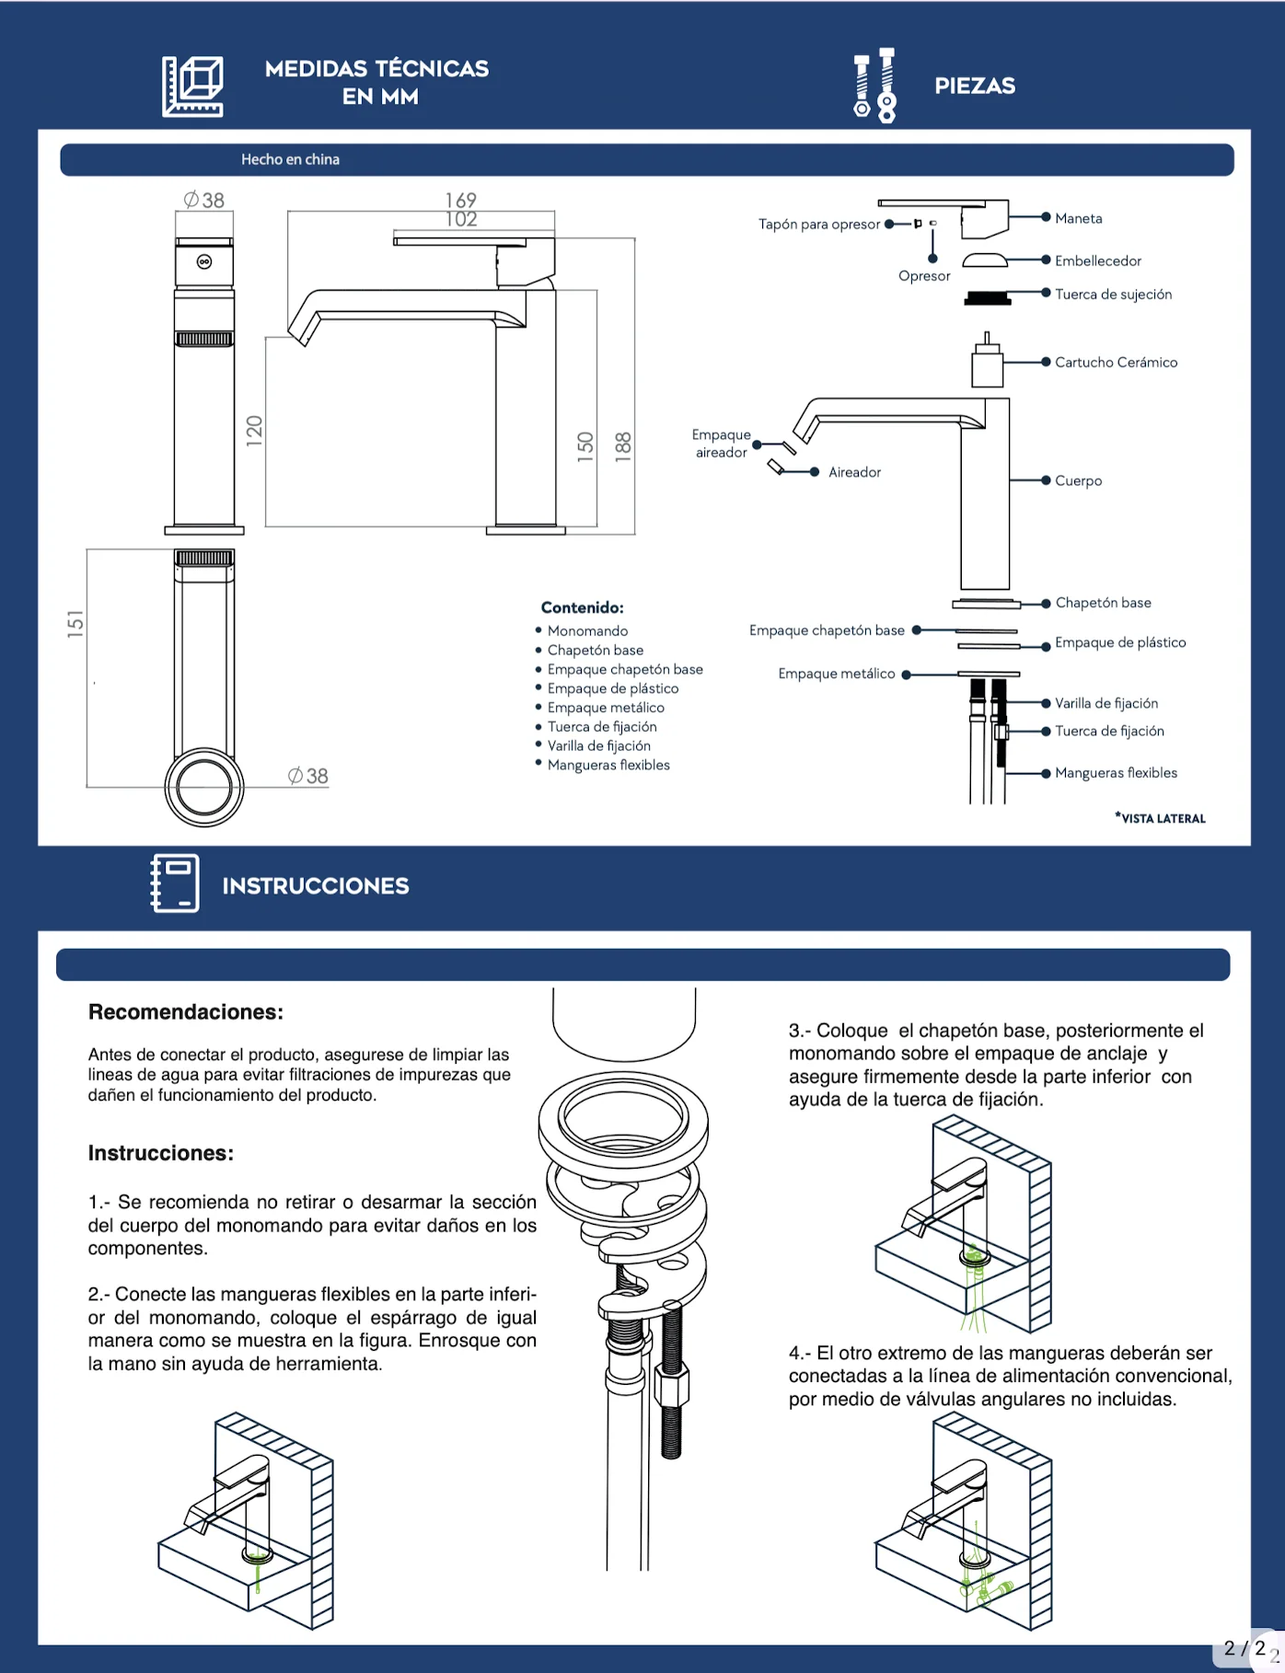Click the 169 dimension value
460,200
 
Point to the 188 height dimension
623,445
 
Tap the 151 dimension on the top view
75,624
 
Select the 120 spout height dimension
254,431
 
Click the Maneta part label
1078,218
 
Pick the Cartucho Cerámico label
1116,363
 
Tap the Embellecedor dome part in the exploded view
985,260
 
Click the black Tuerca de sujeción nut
988,297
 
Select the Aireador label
854,472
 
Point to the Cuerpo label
1078,480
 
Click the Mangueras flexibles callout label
1116,773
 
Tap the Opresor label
924,276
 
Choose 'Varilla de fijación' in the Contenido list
598,745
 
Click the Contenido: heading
582,607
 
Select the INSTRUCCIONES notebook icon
175,883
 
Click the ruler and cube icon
193,87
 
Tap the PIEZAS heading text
975,86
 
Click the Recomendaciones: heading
186,1012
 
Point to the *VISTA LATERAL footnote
1160,817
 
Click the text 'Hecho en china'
290,159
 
